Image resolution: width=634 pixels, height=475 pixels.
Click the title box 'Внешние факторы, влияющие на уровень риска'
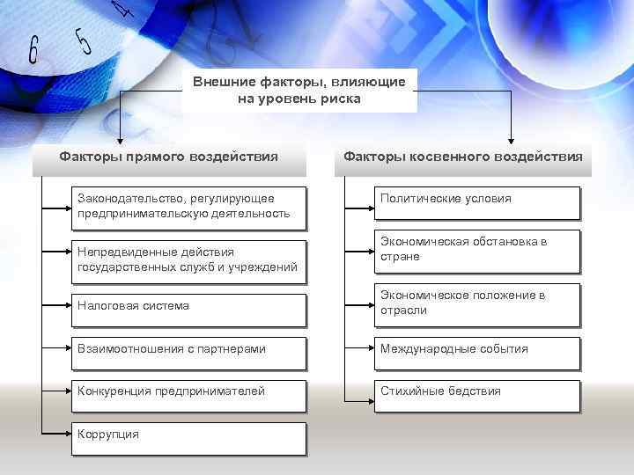click(x=299, y=91)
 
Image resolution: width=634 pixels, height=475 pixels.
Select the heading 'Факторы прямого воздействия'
click(x=169, y=157)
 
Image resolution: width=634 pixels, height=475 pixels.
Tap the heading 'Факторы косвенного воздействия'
click(x=463, y=157)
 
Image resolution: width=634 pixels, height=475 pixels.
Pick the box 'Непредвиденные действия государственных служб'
click(x=188, y=259)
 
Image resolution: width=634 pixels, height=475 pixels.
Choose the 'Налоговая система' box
click(x=188, y=306)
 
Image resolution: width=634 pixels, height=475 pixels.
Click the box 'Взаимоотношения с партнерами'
click(x=188, y=349)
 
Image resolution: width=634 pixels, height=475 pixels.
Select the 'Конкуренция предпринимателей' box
click(x=188, y=391)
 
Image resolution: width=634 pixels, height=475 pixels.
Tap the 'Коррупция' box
click(x=188, y=435)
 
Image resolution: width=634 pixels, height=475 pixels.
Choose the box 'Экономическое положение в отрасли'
click(x=476, y=303)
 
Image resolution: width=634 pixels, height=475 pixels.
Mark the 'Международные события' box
click(x=476, y=349)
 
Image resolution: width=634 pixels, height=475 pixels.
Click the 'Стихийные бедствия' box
click(x=476, y=391)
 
